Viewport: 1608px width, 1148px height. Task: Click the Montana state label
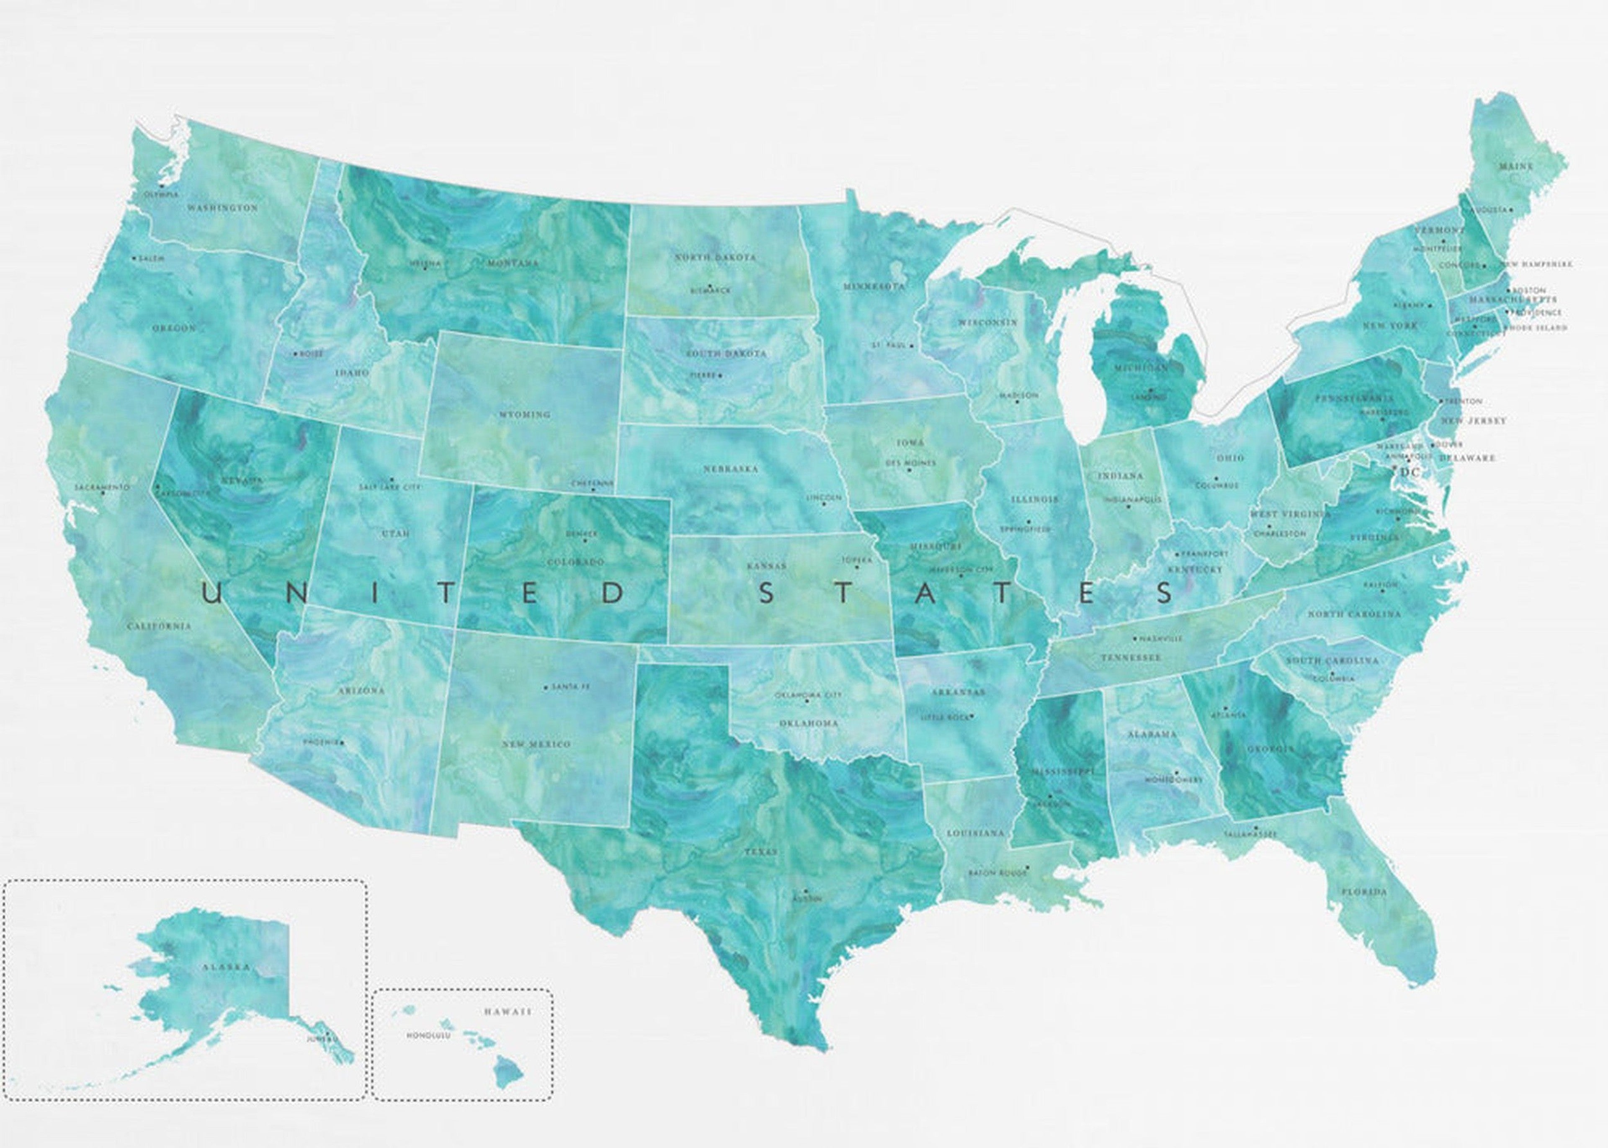tap(513, 263)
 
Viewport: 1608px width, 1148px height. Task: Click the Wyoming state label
tap(524, 414)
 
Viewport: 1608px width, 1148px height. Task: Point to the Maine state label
tap(1515, 166)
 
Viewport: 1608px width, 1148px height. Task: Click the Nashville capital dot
tap(1134, 638)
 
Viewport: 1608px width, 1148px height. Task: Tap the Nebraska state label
tap(730, 469)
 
